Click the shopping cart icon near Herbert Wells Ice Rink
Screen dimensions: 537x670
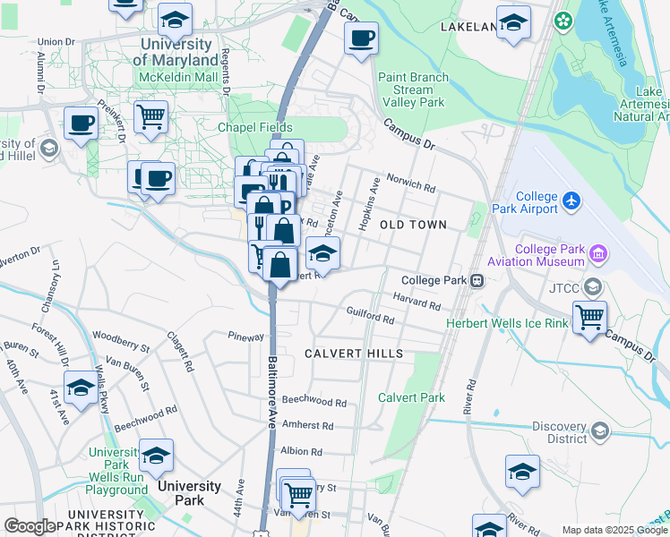click(589, 316)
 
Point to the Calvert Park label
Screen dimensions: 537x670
click(411, 397)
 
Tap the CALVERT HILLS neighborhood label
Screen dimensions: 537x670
click(353, 354)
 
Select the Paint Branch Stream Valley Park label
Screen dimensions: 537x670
click(412, 89)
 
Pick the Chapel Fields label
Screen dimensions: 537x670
click(255, 127)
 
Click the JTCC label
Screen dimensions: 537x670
click(561, 288)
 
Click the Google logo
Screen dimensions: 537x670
click(30, 526)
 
